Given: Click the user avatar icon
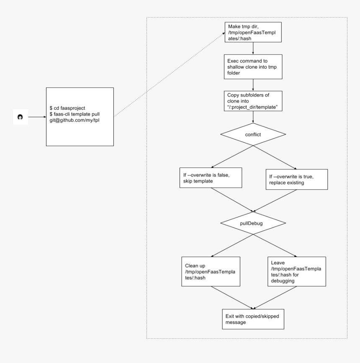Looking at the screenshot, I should pos(20,118).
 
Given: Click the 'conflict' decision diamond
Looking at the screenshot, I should pos(253,135).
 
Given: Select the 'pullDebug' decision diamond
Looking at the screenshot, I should pos(253,224).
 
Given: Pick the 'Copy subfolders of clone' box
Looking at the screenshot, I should pos(252,100).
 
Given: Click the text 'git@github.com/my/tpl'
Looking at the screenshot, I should pos(75,120).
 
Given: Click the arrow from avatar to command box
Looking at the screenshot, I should pos(36,118).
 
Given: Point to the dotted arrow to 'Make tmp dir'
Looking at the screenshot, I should pos(167,75).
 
